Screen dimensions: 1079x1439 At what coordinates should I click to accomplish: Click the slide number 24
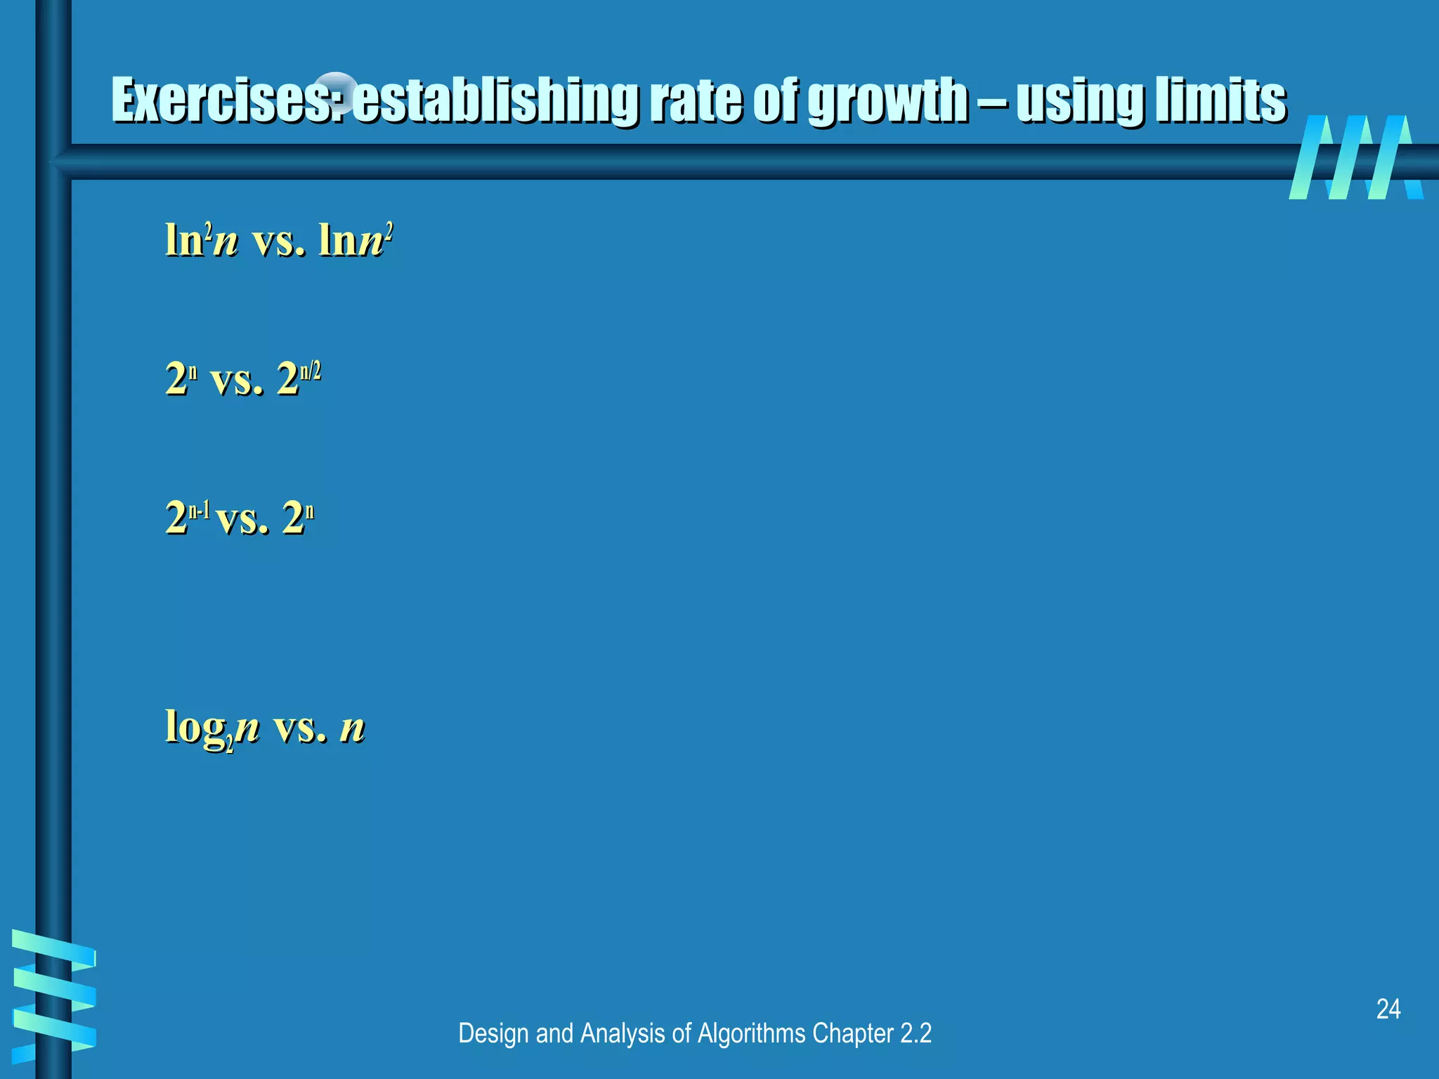click(x=1388, y=1009)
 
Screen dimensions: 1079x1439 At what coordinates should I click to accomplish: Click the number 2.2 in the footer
click(x=916, y=1033)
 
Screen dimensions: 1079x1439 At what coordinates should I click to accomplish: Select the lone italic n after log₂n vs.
click(x=352, y=728)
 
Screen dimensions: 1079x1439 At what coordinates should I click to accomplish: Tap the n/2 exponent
click(x=310, y=371)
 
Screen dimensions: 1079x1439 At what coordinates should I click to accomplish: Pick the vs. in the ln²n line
click(x=278, y=240)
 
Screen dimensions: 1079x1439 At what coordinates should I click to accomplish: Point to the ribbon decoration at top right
click(x=1355, y=157)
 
